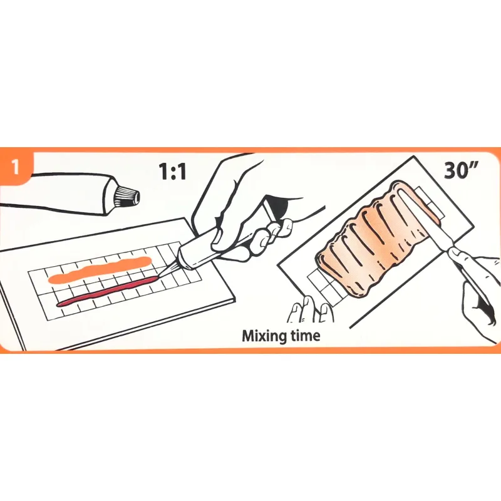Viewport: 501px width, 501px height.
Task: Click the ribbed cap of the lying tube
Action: click(128, 196)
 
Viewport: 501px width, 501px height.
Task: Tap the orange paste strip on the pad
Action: click(100, 270)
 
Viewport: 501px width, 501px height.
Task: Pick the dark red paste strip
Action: click(108, 291)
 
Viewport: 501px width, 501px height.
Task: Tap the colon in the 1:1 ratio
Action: click(173, 173)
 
